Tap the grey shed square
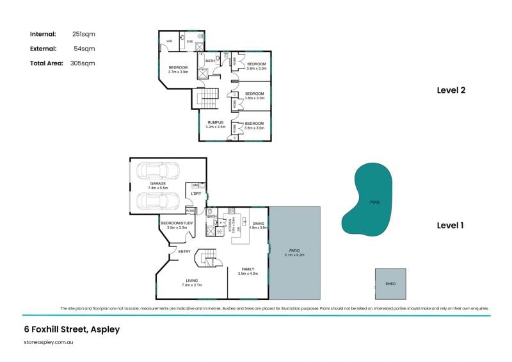[x=390, y=283]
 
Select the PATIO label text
[x=294, y=251]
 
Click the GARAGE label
[x=157, y=183]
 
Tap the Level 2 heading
[x=451, y=90]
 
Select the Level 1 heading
[x=450, y=226]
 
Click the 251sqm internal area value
[x=84, y=34]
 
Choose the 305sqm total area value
[x=83, y=63]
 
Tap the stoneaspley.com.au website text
[x=49, y=343]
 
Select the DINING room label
[x=258, y=224]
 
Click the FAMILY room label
[x=248, y=269]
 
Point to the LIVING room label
[x=192, y=281]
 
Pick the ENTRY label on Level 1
[x=184, y=252]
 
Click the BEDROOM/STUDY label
[x=177, y=223]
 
